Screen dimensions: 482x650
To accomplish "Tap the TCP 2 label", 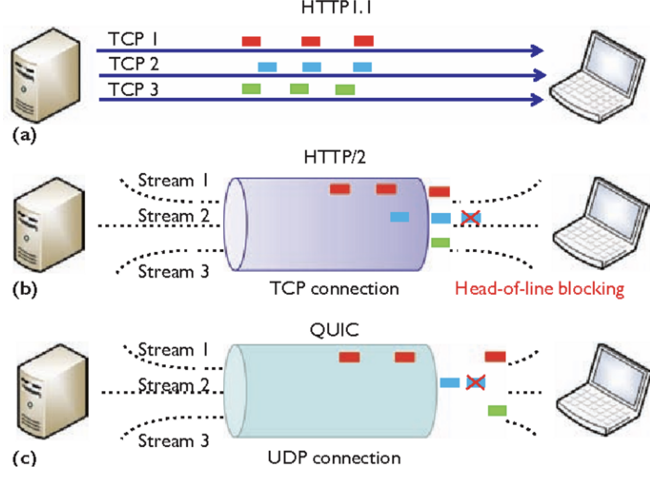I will tap(133, 65).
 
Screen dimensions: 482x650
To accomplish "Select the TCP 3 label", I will tap(133, 89).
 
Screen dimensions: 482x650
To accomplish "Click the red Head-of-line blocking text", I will tap(539, 290).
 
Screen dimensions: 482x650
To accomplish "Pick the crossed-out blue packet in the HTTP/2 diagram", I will tap(471, 217).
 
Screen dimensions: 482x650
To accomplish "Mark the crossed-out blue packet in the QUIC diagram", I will tap(475, 382).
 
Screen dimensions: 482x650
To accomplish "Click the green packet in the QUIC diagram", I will tap(497, 410).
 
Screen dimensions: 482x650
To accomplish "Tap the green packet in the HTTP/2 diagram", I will tap(440, 242).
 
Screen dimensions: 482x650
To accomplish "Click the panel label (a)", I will tap(23, 135).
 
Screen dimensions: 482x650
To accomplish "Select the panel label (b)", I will tap(23, 291).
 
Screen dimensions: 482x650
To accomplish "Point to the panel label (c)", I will tap(23, 457).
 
